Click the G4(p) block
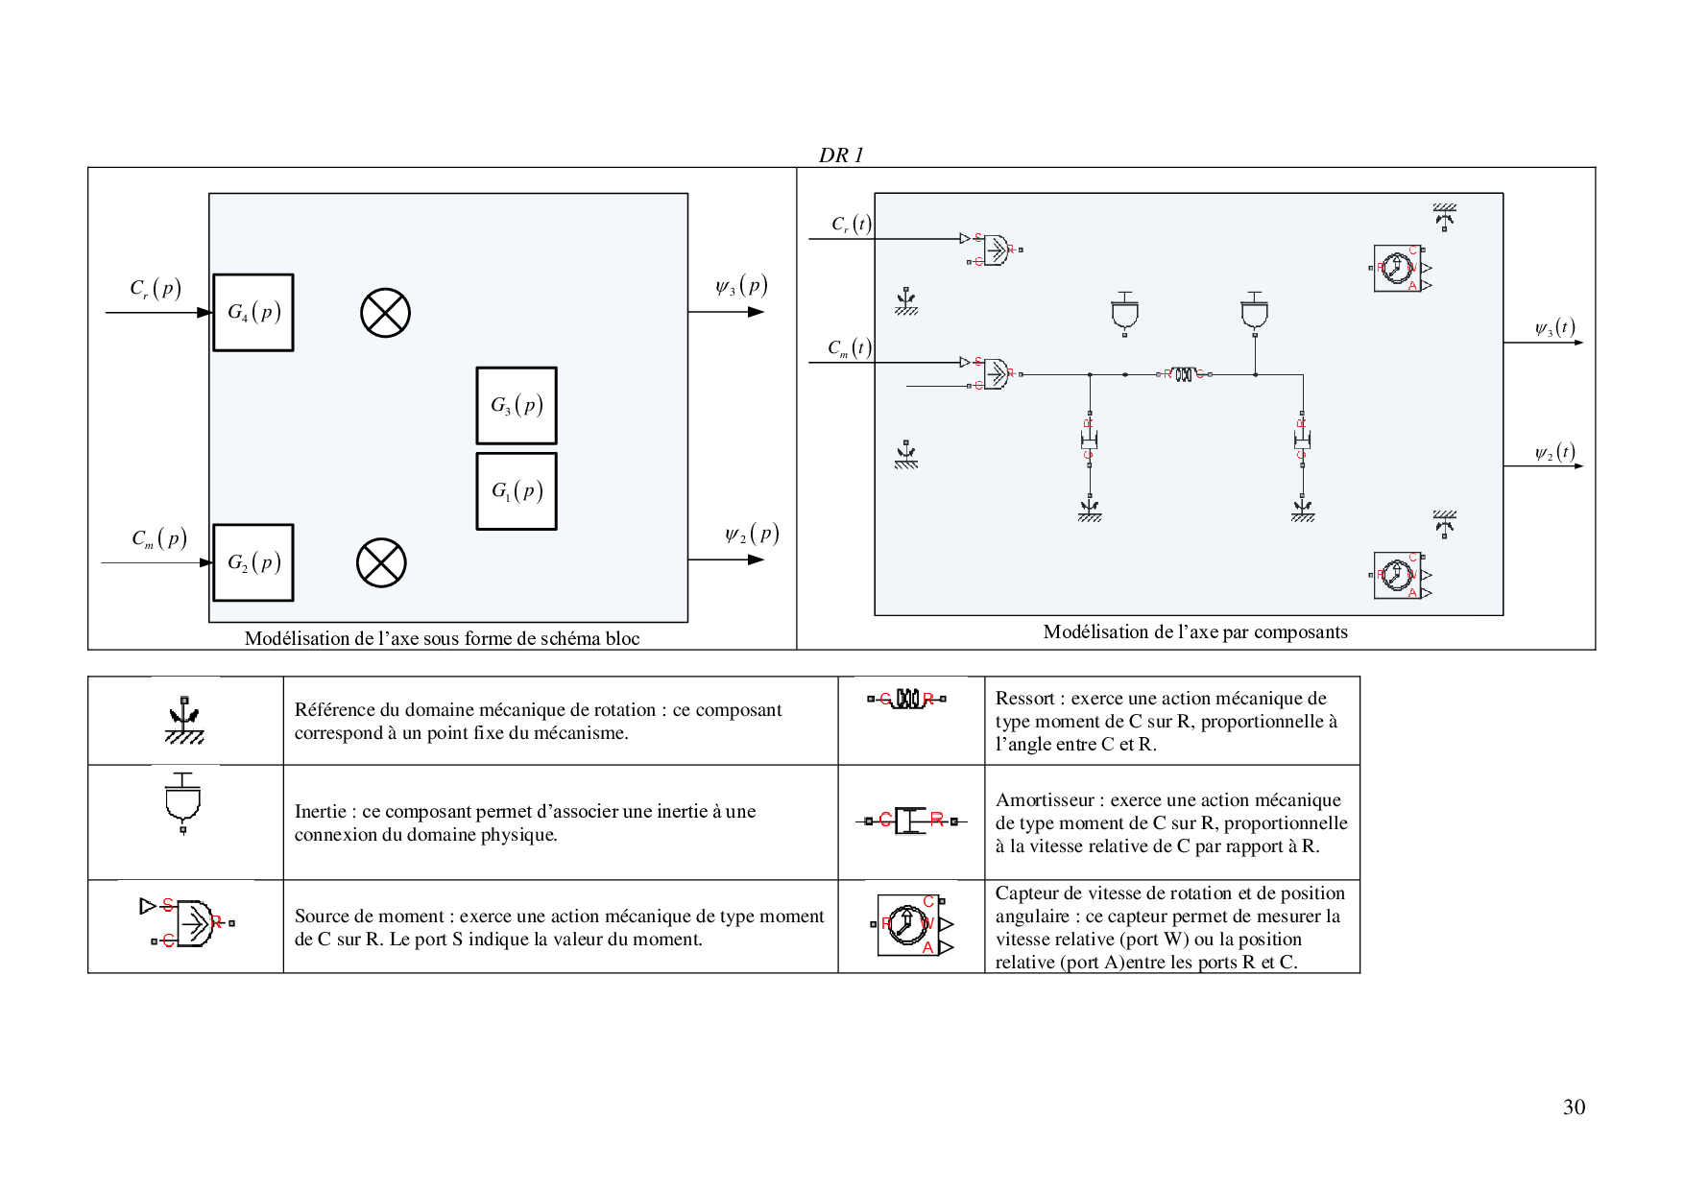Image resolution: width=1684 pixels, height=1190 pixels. pos(253,313)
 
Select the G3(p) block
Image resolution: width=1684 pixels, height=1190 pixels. pos(517,406)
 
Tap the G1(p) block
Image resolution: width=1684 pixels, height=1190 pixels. pos(517,491)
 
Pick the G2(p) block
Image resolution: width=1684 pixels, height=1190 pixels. pos(253,562)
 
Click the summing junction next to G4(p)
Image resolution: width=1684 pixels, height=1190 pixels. pos(385,313)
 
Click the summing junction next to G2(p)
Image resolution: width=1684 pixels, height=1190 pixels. pos(381,562)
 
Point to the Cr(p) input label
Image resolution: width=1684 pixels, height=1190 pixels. pos(156,288)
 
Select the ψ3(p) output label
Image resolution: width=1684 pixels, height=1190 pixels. pos(741,286)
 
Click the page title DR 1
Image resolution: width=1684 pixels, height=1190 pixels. pos(841,155)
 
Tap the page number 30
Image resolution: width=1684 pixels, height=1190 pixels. pos(1574,1107)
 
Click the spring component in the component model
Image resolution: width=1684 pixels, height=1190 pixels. pos(1184,374)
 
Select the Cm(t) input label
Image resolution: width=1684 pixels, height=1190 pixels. pos(850,347)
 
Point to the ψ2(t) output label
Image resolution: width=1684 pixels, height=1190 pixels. pos(1554,453)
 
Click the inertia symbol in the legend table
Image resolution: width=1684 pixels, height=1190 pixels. pos(183,802)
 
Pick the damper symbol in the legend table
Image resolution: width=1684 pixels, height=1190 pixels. pos(910,821)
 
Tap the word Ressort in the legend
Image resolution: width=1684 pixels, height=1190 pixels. pos(1025,699)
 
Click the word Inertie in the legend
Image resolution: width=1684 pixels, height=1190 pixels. pos(320,812)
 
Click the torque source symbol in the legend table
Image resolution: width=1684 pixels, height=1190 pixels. pos(187,923)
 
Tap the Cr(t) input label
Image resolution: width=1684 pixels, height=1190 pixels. pos(851,225)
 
